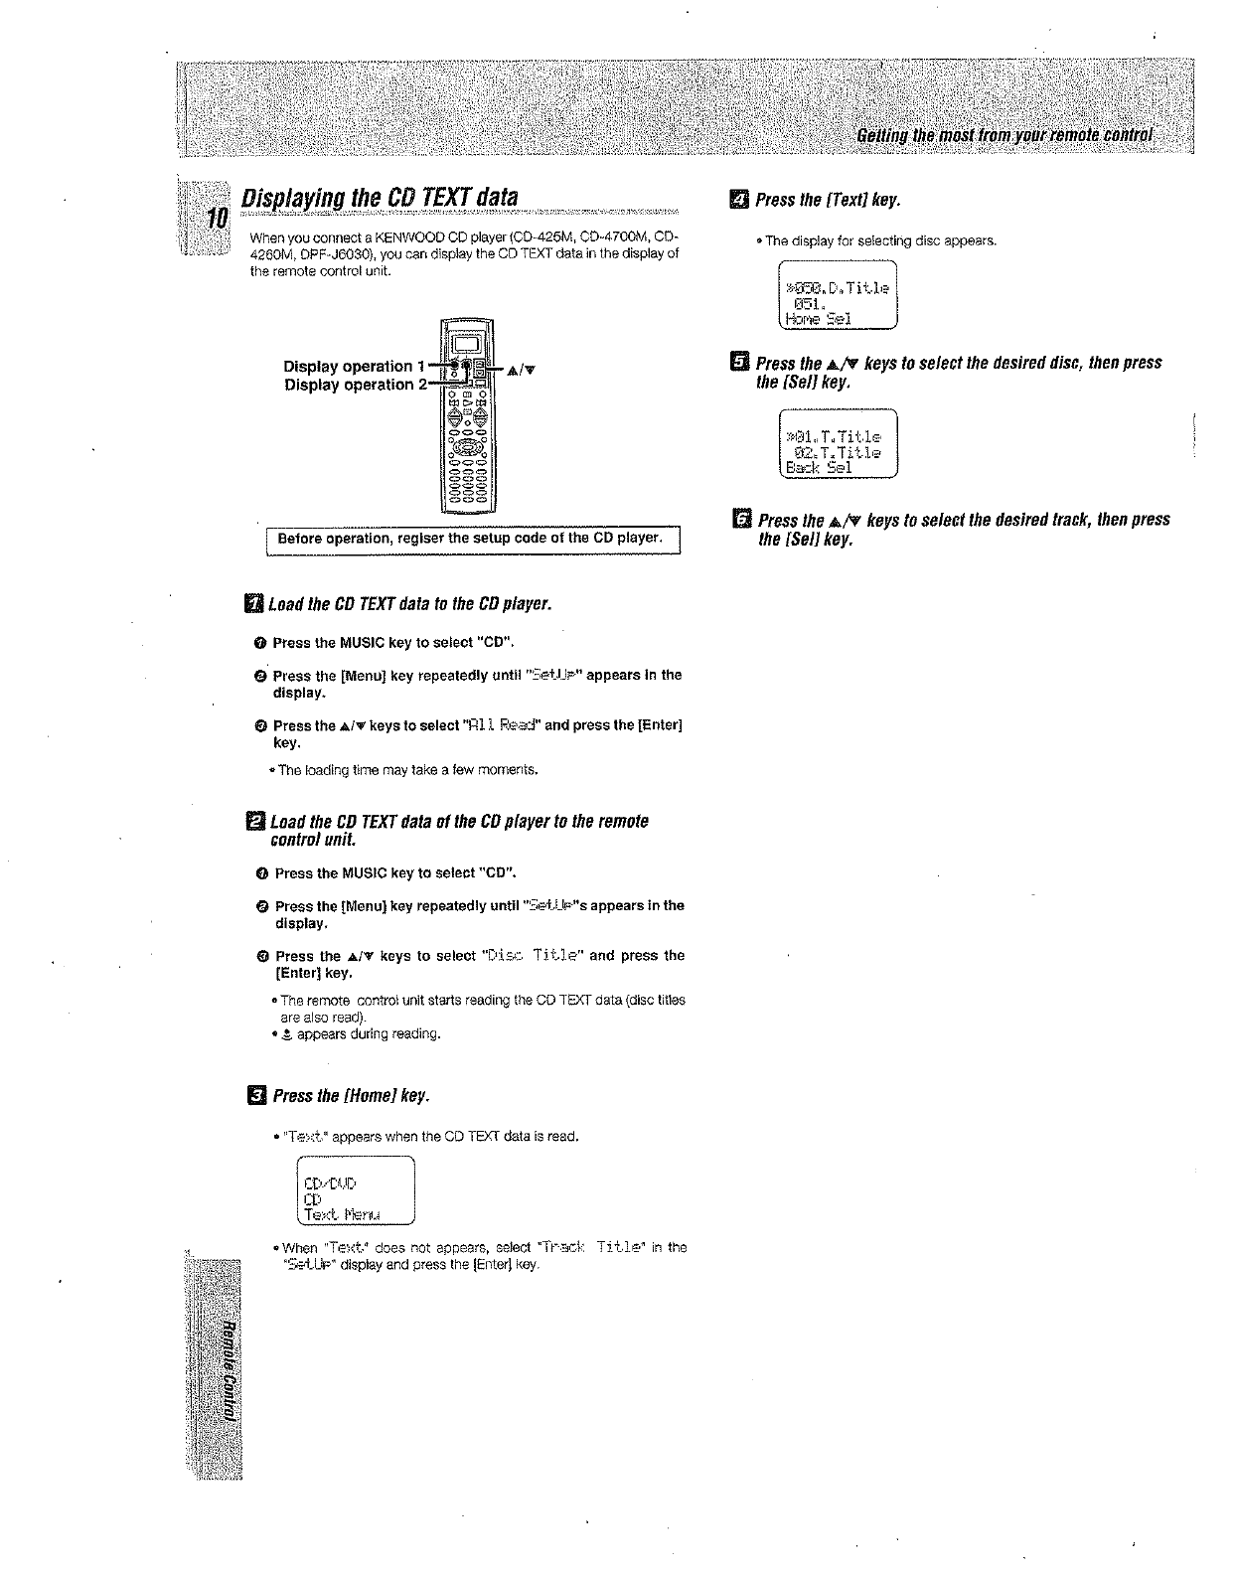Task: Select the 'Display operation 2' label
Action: tap(348, 385)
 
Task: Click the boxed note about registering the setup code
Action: tap(470, 539)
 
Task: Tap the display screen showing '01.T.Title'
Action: tap(838, 443)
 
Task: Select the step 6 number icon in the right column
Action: tap(739, 520)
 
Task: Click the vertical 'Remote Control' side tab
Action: tap(228, 1371)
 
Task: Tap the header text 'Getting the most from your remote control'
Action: tap(1004, 135)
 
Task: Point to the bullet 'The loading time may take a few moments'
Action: tap(407, 769)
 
